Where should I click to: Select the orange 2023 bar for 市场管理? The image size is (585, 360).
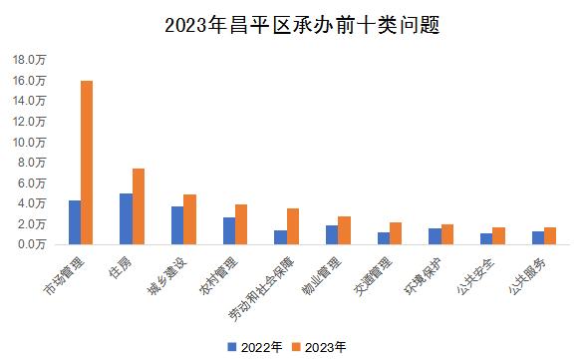pyautogui.click(x=87, y=162)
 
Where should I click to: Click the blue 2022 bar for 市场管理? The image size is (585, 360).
pyautogui.click(x=75, y=222)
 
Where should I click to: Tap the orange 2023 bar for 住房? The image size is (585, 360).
pyautogui.click(x=139, y=205)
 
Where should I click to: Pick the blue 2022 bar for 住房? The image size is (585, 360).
pyautogui.click(x=126, y=218)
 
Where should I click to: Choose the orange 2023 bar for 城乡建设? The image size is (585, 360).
pyautogui.click(x=189, y=218)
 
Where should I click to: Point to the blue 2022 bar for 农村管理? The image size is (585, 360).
pyautogui.click(x=229, y=230)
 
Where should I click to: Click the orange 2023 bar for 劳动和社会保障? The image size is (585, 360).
pyautogui.click(x=293, y=225)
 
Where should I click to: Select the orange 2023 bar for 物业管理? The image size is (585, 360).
pyautogui.click(x=344, y=229)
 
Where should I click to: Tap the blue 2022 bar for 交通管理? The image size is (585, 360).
pyautogui.click(x=384, y=237)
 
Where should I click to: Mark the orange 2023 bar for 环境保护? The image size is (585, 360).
pyautogui.click(x=447, y=233)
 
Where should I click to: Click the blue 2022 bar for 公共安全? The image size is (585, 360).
pyautogui.click(x=486, y=238)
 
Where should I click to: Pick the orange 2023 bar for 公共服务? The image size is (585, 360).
pyautogui.click(x=550, y=235)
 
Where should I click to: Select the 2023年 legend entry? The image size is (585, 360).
pyautogui.click(x=318, y=347)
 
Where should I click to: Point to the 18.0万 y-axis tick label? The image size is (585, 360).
pyautogui.click(x=29, y=59)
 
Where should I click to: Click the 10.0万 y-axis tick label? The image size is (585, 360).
pyautogui.click(x=29, y=142)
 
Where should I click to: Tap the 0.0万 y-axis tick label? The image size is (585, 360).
pyautogui.click(x=32, y=243)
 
